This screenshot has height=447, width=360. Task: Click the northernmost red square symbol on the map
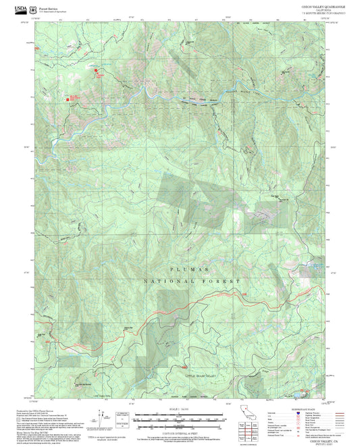95,69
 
